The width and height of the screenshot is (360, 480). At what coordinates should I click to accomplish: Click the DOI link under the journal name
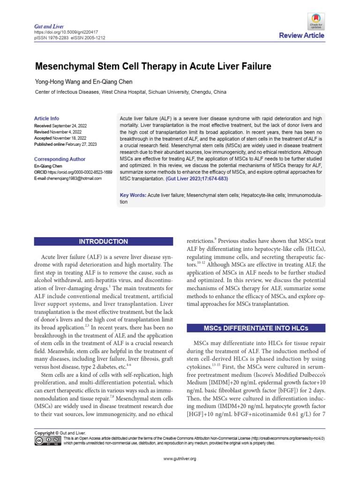click(x=60, y=32)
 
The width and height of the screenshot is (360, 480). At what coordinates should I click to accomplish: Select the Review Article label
click(x=301, y=36)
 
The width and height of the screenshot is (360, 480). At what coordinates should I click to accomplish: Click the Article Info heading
click(x=47, y=119)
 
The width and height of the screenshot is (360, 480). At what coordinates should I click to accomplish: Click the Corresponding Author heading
click(x=60, y=159)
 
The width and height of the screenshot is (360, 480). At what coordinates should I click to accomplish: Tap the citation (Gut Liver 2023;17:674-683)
click(x=196, y=179)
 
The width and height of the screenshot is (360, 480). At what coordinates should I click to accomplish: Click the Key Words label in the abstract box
click(x=133, y=195)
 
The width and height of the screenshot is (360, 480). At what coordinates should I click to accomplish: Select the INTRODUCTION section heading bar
click(x=103, y=242)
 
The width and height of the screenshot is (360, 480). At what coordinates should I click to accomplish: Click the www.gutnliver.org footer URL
click(x=180, y=458)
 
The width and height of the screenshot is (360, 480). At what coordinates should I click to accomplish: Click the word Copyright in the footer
click(x=45, y=433)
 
